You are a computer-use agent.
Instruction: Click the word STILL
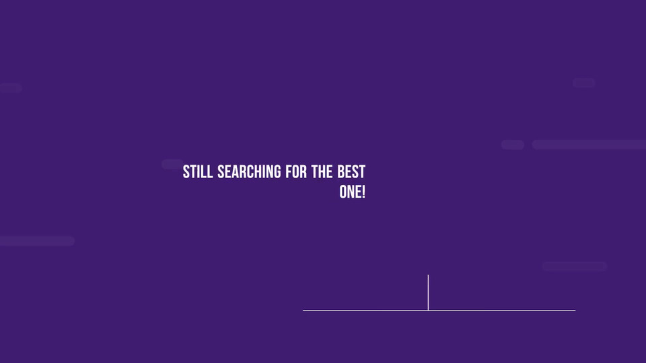[198, 171]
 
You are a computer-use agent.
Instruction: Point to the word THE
[322, 171]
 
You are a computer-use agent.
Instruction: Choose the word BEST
[351, 171]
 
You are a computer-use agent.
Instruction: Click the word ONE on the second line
[350, 192]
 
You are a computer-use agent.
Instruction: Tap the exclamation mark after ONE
[363, 192]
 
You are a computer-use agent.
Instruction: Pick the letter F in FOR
[289, 171]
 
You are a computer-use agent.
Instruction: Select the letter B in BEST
[340, 171]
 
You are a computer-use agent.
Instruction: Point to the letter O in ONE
[343, 192]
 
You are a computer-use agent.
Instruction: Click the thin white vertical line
[428, 292]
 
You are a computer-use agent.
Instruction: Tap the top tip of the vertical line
[428, 275]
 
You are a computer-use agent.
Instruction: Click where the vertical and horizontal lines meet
[428, 311]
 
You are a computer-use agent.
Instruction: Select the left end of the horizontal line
[303, 311]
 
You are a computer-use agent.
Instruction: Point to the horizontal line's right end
[575, 311]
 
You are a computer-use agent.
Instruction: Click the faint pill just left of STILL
[172, 164]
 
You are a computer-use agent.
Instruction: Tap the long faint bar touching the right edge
[589, 145]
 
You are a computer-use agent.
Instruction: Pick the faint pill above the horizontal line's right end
[575, 267]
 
